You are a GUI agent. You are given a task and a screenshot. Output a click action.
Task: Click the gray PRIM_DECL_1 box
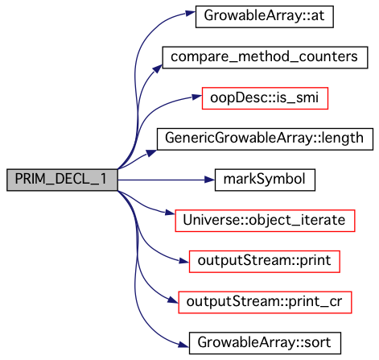click(x=62, y=180)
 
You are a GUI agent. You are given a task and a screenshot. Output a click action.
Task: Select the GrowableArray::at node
click(x=265, y=16)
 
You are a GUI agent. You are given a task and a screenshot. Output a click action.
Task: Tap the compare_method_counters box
click(x=265, y=57)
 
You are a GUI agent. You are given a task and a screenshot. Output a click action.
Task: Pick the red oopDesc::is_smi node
click(x=265, y=98)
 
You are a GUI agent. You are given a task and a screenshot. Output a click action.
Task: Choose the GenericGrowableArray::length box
click(x=265, y=139)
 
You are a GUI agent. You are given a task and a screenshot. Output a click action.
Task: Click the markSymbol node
click(x=265, y=180)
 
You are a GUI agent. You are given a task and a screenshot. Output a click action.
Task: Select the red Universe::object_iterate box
click(x=265, y=221)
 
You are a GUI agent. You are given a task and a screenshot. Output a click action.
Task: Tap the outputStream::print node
click(x=265, y=262)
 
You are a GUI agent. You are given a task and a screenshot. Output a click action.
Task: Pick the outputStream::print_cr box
click(x=265, y=302)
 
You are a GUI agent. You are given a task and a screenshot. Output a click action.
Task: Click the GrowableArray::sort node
click(x=265, y=343)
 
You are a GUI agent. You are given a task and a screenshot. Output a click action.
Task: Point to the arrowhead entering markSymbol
click(x=210, y=180)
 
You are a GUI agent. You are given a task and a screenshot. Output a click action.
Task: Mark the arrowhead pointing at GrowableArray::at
click(x=191, y=13)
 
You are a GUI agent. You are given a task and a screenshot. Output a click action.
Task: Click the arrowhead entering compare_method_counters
click(x=158, y=68)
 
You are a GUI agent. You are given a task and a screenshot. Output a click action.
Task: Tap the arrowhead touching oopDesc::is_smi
click(x=197, y=97)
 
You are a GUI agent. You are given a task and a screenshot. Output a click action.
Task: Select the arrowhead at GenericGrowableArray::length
click(x=152, y=153)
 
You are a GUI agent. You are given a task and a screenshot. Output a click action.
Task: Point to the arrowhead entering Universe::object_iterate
click(x=170, y=213)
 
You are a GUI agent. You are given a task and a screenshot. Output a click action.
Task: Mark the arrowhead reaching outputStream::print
click(x=184, y=260)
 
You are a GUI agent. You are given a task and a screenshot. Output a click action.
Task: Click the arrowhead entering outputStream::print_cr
click(x=173, y=300)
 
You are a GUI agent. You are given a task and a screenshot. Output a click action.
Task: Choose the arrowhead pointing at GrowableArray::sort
click(x=184, y=345)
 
